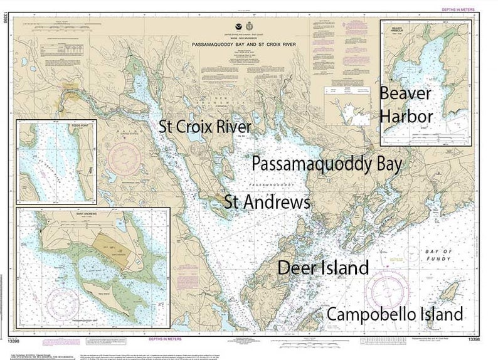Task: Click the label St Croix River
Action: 205,127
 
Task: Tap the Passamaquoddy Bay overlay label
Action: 326,163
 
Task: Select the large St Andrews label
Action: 267,203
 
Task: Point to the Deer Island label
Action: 323,268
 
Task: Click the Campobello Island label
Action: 395,314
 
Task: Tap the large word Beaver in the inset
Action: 405,94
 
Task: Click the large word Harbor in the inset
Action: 406,116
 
